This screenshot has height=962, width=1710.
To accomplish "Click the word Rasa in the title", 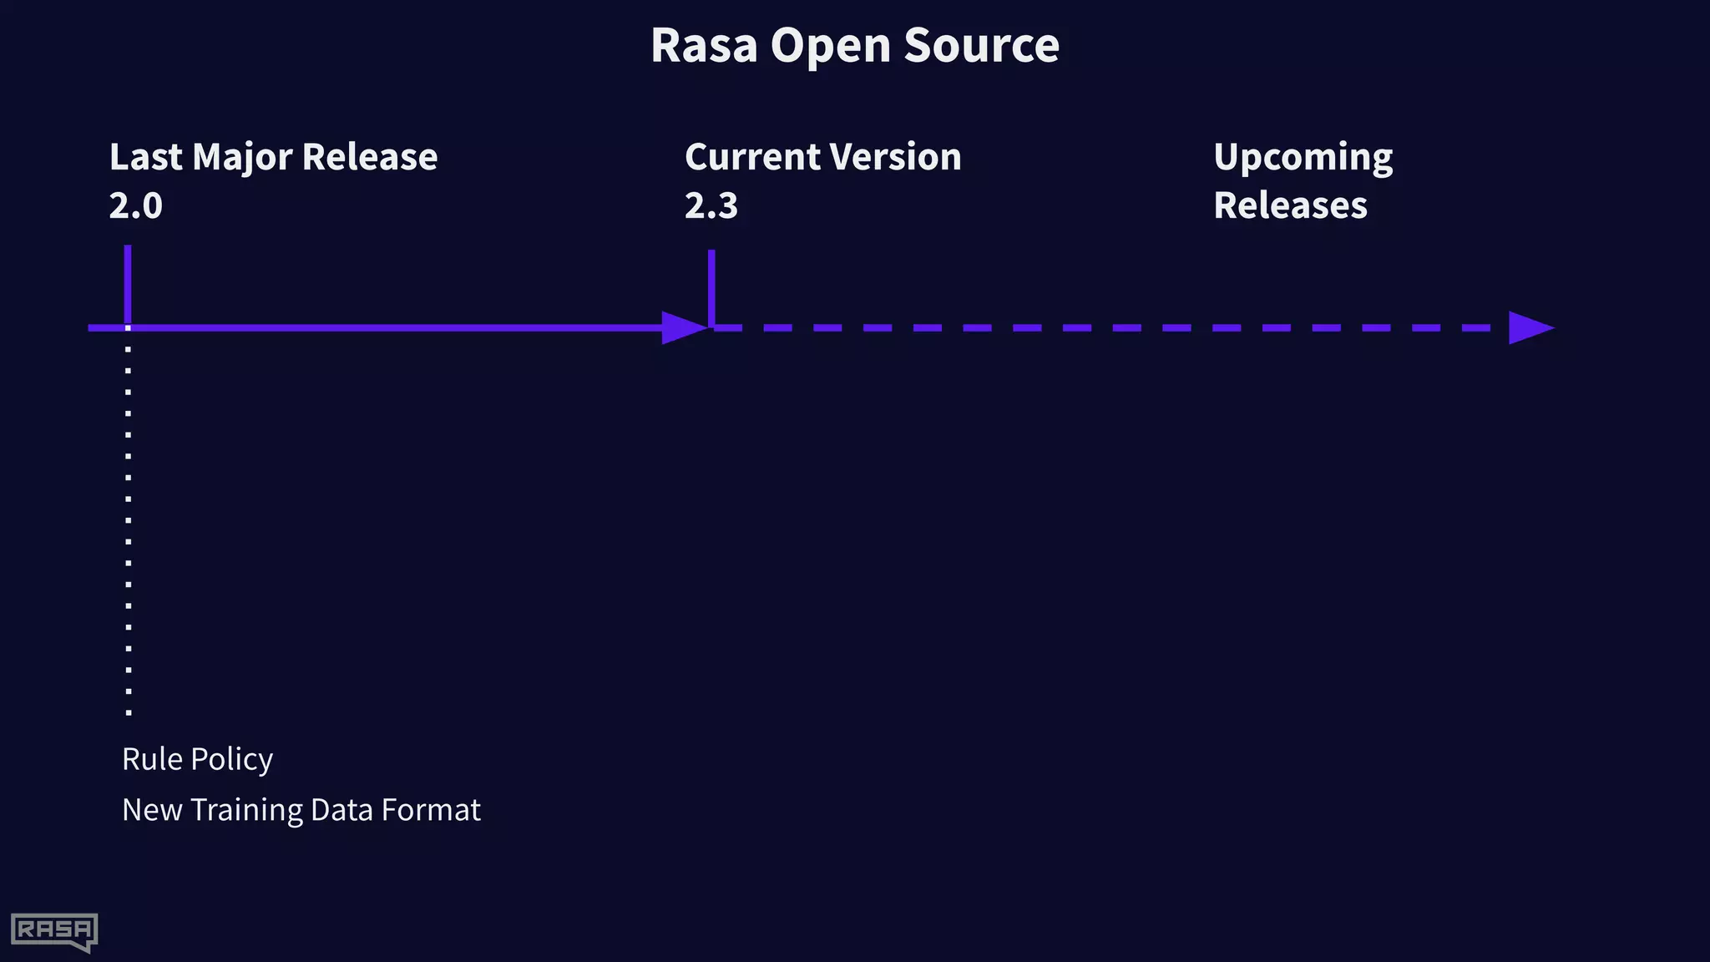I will [704, 45].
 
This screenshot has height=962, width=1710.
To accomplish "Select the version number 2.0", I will [135, 205].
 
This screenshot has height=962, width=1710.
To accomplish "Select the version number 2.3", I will [711, 205].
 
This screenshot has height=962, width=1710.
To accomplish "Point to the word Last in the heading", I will [145, 157].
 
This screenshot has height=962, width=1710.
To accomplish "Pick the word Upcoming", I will [1303, 158].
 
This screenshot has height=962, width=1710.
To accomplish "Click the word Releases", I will [1290, 205].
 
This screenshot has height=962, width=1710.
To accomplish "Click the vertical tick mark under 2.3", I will [711, 286].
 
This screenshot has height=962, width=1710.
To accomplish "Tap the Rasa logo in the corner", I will [54, 931].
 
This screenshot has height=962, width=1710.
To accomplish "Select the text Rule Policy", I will [197, 759].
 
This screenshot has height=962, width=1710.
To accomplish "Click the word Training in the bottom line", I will [246, 811].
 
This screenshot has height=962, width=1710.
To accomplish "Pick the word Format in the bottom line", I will [431, 810].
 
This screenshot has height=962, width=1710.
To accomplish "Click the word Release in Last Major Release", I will [369, 157].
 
